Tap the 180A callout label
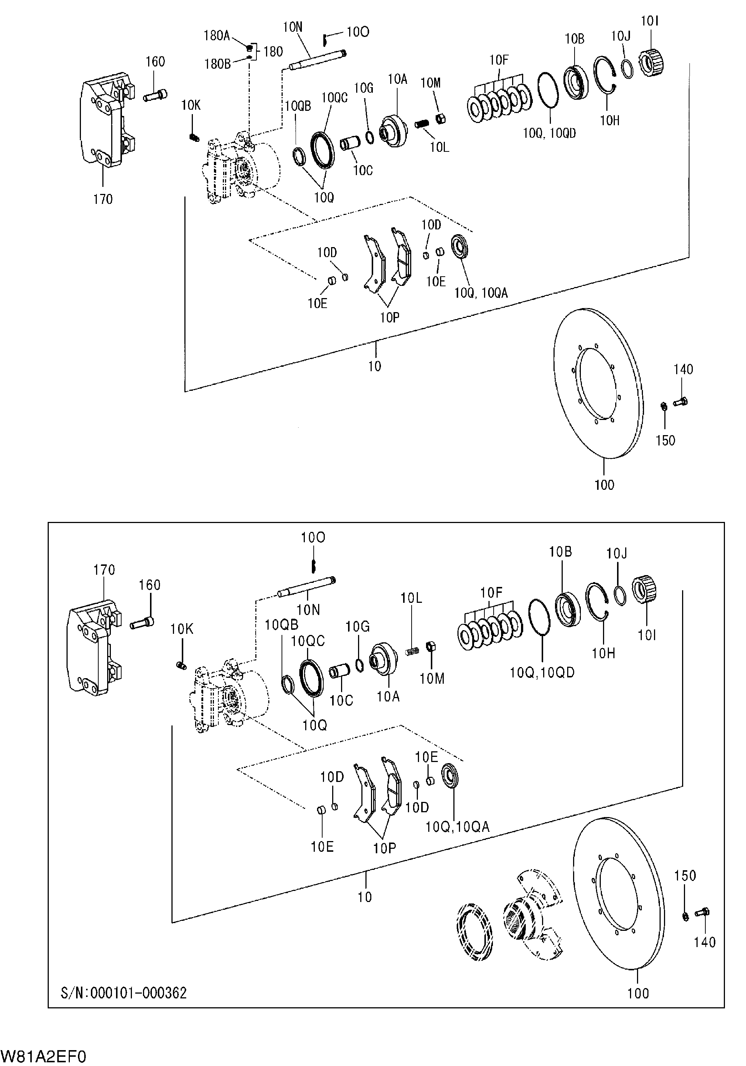(x=217, y=36)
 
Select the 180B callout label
(x=217, y=64)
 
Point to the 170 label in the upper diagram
(x=103, y=199)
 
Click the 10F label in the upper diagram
(x=499, y=60)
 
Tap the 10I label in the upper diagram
(x=650, y=21)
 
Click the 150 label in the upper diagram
(x=665, y=440)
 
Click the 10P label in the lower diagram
(x=384, y=848)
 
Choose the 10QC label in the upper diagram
(x=334, y=98)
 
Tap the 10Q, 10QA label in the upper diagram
(x=481, y=293)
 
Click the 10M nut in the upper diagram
(x=441, y=119)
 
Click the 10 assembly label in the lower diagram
(x=365, y=897)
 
